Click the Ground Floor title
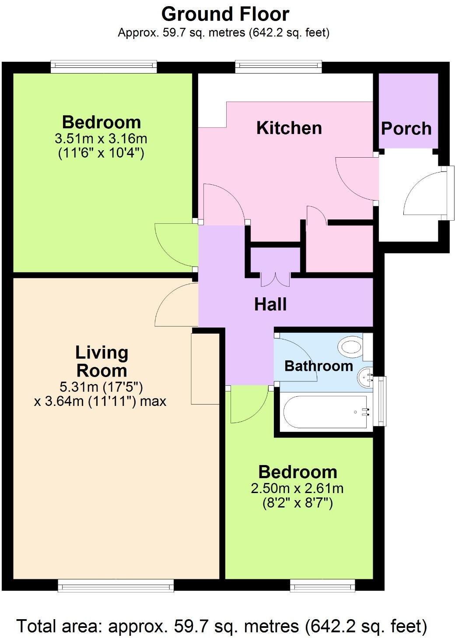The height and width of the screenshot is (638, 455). pos(225,14)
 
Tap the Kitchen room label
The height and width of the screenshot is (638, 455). pos(289,128)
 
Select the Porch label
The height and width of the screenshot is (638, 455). pos(406,129)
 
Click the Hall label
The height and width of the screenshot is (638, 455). pos(270,304)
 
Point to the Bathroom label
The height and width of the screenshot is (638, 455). pos(318,366)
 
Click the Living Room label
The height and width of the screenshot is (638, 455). pos(101,362)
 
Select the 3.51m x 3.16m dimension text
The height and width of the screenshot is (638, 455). pos(101,139)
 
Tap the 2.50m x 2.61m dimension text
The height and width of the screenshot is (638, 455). pos(297,488)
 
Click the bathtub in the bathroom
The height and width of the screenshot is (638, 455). pos(326,412)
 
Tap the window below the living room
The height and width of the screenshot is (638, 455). pos(116,585)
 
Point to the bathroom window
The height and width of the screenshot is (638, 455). pos(382,401)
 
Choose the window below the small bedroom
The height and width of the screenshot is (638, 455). pos(322,585)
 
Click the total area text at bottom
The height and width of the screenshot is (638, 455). pos(221,626)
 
